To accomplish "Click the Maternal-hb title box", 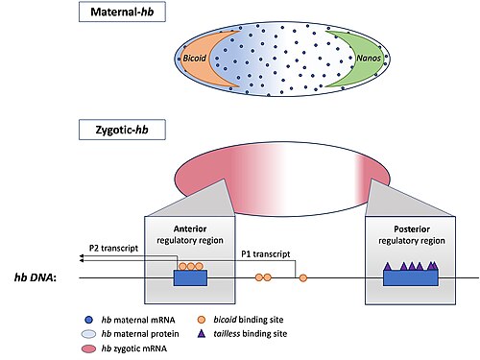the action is [x=122, y=12].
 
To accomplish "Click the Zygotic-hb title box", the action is [x=122, y=130].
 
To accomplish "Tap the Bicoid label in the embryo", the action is [x=194, y=59].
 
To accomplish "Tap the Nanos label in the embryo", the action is [x=369, y=58].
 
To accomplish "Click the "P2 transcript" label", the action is [x=113, y=249].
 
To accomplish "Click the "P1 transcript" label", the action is [x=266, y=254].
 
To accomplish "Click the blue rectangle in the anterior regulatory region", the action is [x=190, y=277].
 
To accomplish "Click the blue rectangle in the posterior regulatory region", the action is [x=411, y=277].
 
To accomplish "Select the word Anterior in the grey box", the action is [x=190, y=228].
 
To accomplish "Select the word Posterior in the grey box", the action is [x=412, y=229].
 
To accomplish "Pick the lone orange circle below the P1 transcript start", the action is [x=303, y=278].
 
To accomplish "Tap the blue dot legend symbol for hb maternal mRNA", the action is [x=89, y=320].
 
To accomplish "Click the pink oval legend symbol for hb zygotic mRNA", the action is [x=89, y=348].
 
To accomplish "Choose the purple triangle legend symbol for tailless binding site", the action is [x=202, y=334].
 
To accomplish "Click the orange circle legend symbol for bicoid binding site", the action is [x=202, y=320].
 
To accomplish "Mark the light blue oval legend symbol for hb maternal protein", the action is [x=89, y=334].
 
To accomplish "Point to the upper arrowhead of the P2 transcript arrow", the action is [x=82, y=256].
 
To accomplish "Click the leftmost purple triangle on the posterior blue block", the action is [x=388, y=267].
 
